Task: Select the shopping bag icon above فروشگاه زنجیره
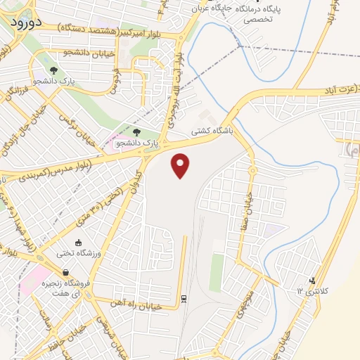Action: (x=65, y=273)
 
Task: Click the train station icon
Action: (x=184, y=298)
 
